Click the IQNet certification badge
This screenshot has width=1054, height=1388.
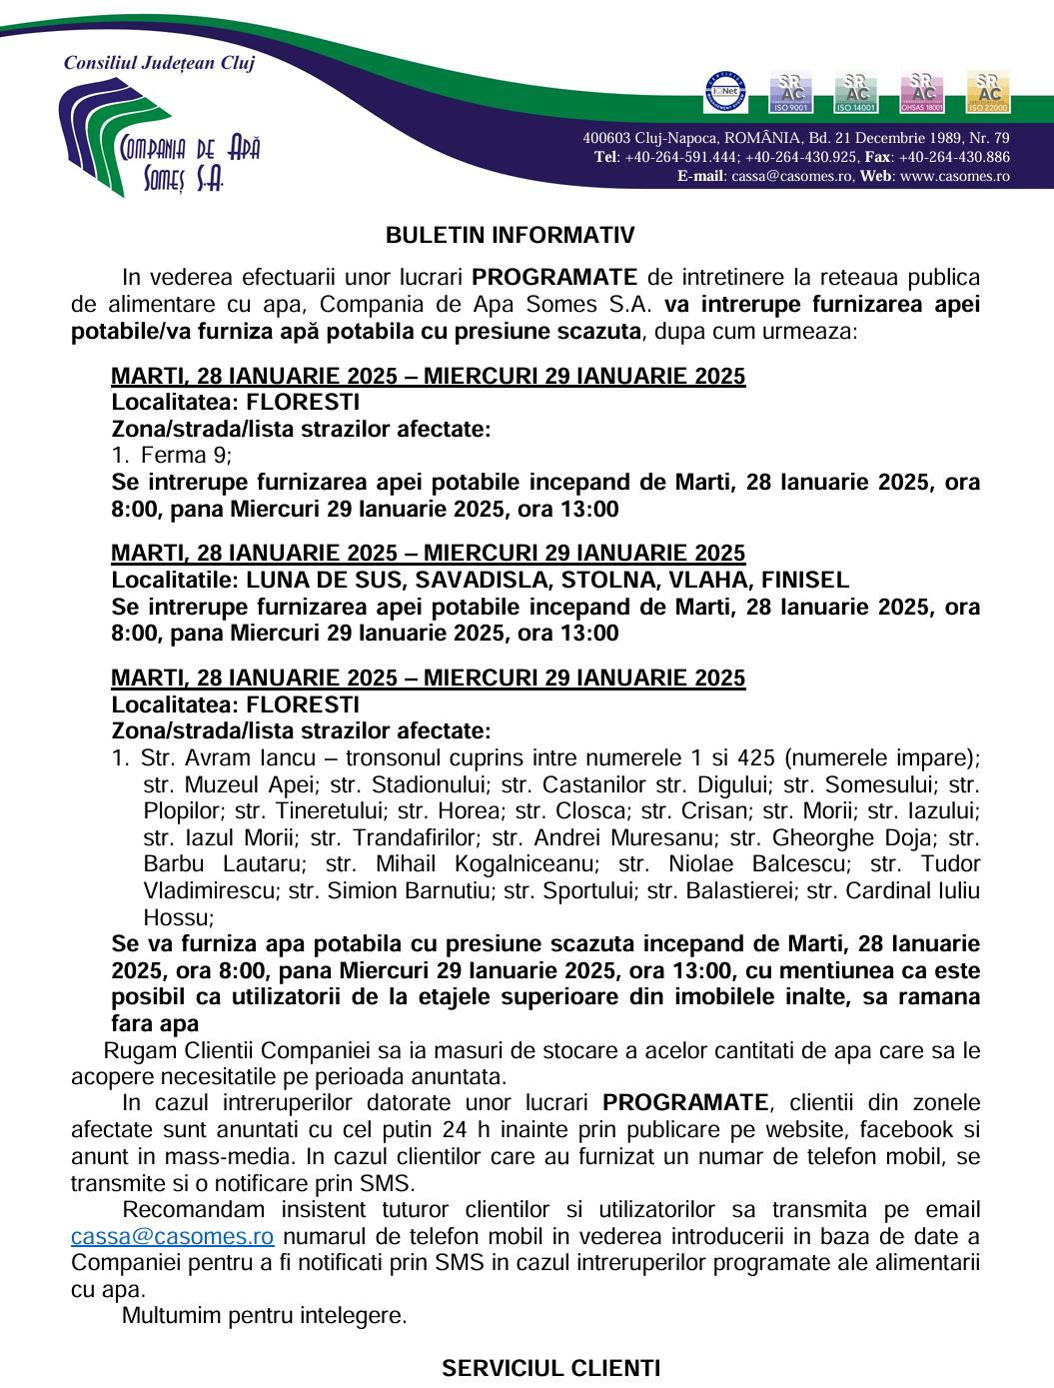coord(726,92)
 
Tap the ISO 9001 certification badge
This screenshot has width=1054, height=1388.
coord(790,92)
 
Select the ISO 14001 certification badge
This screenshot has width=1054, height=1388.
coord(856,92)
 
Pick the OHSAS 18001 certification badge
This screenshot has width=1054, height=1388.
coord(922,92)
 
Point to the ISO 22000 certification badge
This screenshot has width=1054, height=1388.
coord(988,92)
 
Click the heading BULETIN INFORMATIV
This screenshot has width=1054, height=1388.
coord(511,236)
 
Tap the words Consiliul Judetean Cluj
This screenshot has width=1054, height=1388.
coord(160,63)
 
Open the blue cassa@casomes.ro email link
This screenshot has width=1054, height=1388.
coord(173,1236)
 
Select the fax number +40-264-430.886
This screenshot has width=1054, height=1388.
coord(954,157)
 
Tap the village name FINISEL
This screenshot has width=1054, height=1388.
coord(805,580)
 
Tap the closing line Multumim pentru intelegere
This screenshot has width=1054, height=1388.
coord(264,1315)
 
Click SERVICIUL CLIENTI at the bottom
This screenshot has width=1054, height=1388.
coord(550,1368)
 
